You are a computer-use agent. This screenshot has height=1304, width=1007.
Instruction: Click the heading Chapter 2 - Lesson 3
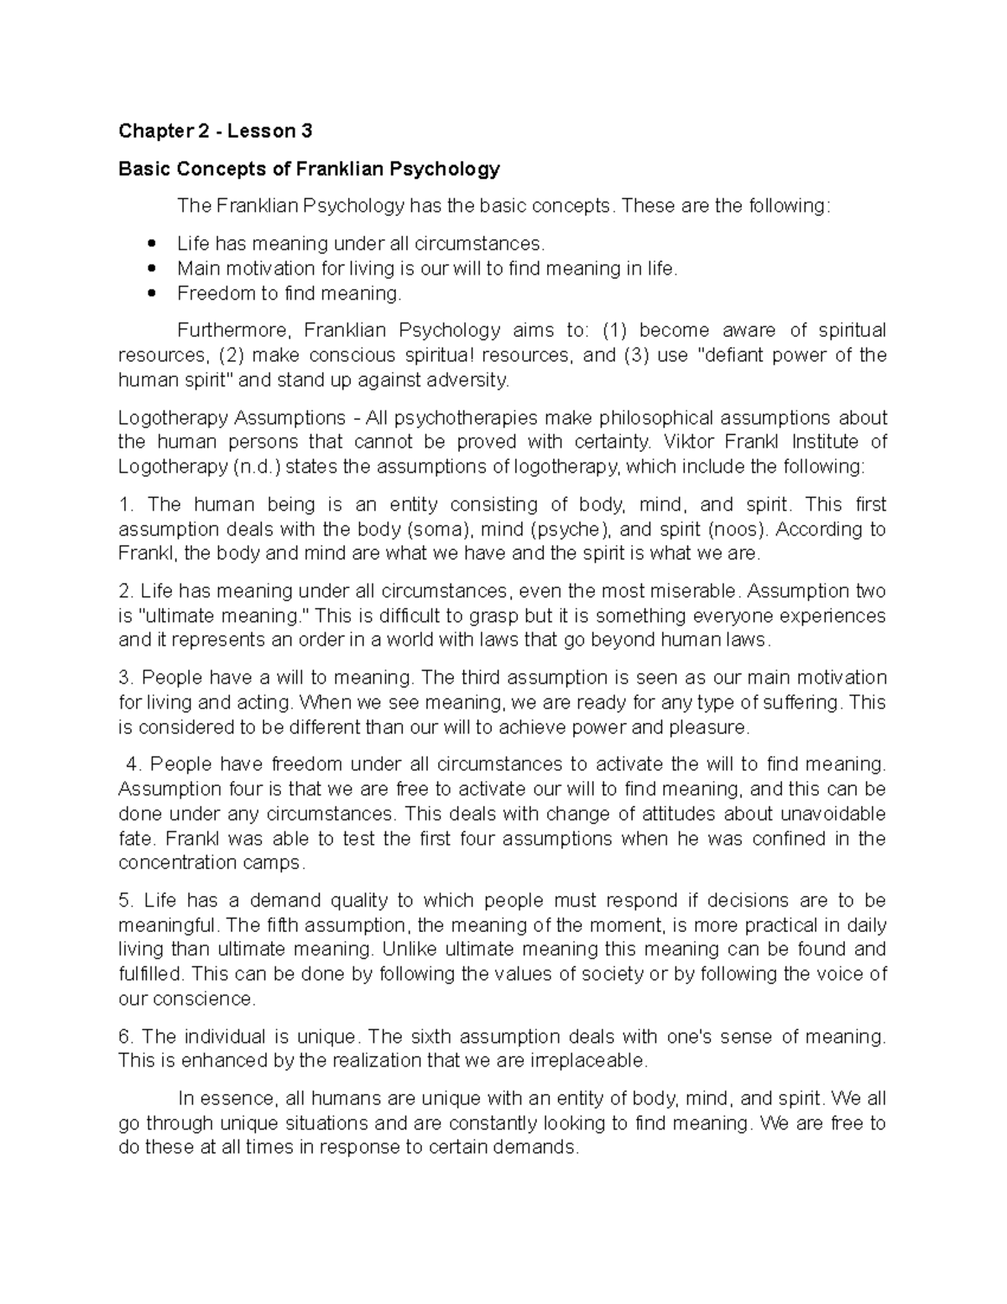(215, 131)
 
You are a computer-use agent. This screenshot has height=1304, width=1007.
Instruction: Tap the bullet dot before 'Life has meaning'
(151, 244)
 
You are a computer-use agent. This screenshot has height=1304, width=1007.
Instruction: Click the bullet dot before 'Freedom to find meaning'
(151, 294)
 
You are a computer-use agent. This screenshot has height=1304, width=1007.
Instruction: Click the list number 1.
(126, 505)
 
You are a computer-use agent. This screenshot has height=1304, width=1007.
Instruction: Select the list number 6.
(126, 1037)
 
